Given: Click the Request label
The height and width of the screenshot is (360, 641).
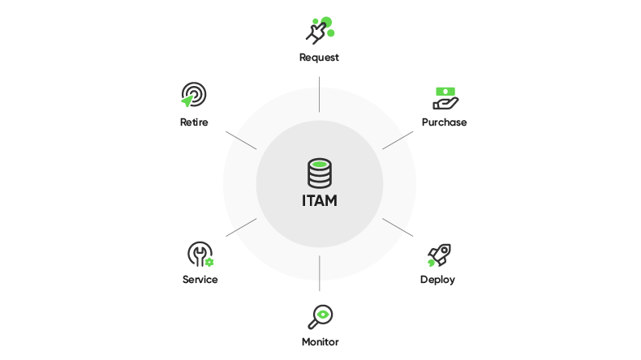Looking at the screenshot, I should click(x=319, y=58).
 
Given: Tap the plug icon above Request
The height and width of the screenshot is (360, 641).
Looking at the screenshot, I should click(x=319, y=30).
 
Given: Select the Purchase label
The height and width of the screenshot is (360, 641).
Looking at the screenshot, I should click(x=444, y=122).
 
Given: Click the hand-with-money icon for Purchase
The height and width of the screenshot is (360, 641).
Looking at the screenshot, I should click(x=445, y=98).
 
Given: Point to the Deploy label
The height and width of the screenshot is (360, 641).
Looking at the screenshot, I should click(x=437, y=280).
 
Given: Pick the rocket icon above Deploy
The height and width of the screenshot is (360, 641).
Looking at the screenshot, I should click(x=439, y=255).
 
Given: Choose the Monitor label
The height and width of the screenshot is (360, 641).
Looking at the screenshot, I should click(x=320, y=341).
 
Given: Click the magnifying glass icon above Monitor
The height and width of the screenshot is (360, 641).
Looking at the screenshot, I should click(x=320, y=315).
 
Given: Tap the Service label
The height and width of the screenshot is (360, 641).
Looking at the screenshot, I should click(x=200, y=280).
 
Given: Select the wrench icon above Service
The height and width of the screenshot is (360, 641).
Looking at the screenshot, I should click(x=200, y=255).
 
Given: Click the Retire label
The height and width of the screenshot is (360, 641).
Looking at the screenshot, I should click(x=194, y=122).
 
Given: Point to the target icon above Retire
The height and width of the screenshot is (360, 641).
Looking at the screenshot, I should click(x=193, y=95).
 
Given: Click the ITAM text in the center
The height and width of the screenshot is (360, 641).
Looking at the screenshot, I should click(x=319, y=200).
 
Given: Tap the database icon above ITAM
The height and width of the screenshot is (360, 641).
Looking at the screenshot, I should click(x=320, y=174).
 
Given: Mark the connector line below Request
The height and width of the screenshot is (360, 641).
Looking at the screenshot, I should click(x=320, y=94).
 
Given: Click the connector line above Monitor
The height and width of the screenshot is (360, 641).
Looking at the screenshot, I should click(x=320, y=273).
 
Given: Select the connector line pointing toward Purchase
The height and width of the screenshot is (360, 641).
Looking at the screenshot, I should click(x=398, y=139).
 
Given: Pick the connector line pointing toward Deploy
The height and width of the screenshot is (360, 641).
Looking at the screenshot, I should click(x=398, y=228).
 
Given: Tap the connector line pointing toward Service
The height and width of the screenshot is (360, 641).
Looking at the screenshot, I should click(x=241, y=228).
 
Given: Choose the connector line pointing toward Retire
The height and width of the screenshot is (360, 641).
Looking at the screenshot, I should click(x=241, y=139).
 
